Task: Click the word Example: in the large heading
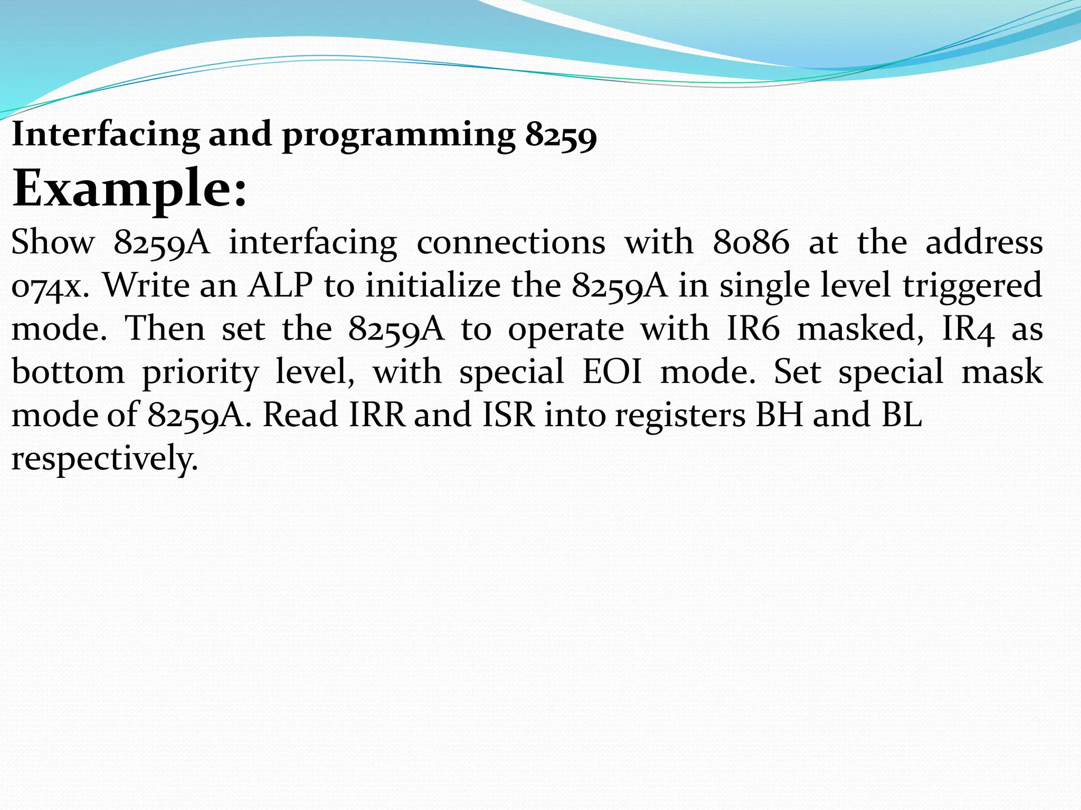(129, 189)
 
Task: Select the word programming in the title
(399, 136)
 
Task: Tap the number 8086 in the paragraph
(751, 243)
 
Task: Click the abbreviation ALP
(281, 285)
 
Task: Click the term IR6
(753, 329)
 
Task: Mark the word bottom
(68, 372)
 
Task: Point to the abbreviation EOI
(612, 372)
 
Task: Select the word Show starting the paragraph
(53, 243)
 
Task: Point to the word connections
(511, 243)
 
